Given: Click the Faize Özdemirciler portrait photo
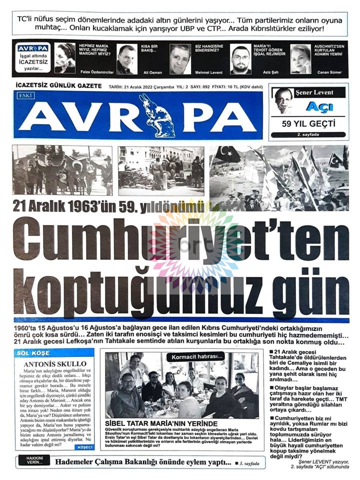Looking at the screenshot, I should (x=65, y=58).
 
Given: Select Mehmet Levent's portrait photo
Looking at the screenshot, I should (x=180, y=59).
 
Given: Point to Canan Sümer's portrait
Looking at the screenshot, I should (x=300, y=58).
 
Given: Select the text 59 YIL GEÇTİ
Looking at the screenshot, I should (x=308, y=123).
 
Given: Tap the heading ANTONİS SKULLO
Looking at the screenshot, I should (x=48, y=364).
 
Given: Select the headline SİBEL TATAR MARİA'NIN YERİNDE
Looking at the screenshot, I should (x=157, y=423).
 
